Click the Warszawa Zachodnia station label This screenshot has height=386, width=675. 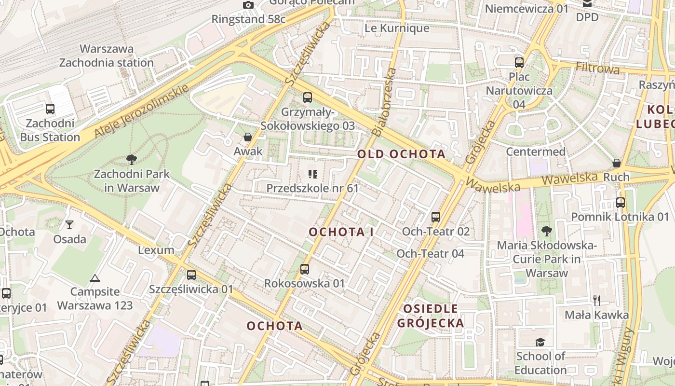click(x=106, y=55)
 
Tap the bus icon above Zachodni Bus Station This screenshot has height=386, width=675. click(x=50, y=109)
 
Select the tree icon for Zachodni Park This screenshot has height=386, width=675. click(x=131, y=159)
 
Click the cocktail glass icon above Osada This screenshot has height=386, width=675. click(x=70, y=224)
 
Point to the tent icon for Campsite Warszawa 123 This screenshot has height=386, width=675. click(x=95, y=278)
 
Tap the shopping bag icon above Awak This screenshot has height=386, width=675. click(x=248, y=137)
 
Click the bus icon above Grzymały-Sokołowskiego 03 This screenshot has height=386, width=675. click(x=308, y=97)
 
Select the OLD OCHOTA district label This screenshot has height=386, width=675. click(x=401, y=154)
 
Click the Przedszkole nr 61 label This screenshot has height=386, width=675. click(x=312, y=188)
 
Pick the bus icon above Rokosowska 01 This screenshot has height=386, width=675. click(x=305, y=269)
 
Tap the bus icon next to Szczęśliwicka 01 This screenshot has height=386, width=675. click(x=191, y=275)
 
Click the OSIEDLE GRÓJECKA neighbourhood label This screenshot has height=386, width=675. click(x=431, y=316)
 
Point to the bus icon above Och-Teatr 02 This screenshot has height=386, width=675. click(x=436, y=217)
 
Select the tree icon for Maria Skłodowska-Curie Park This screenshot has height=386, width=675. click(x=546, y=231)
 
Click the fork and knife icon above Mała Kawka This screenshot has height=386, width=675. click(x=597, y=300)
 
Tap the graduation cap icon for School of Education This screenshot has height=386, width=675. click(x=540, y=342)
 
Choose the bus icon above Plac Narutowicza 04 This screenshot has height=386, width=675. click(x=519, y=62)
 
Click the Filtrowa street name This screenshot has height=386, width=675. click(x=598, y=68)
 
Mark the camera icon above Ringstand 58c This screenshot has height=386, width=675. click(x=248, y=5)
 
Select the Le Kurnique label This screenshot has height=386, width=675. click(x=397, y=28)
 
